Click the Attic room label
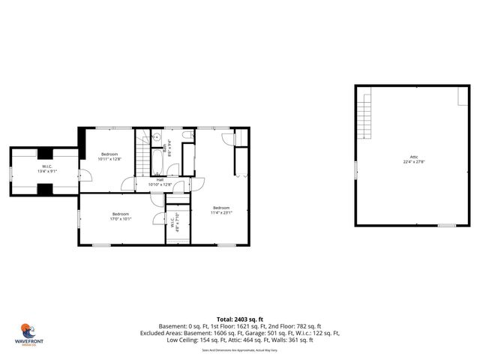(x=414, y=156)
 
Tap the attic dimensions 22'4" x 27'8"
(x=414, y=161)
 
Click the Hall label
(x=160, y=179)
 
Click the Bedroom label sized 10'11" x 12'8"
(x=109, y=154)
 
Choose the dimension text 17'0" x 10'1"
(x=121, y=219)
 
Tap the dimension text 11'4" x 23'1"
(x=221, y=212)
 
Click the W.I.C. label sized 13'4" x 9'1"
(x=46, y=166)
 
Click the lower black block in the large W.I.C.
(x=46, y=187)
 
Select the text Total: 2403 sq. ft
(x=240, y=319)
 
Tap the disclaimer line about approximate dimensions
(x=240, y=349)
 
